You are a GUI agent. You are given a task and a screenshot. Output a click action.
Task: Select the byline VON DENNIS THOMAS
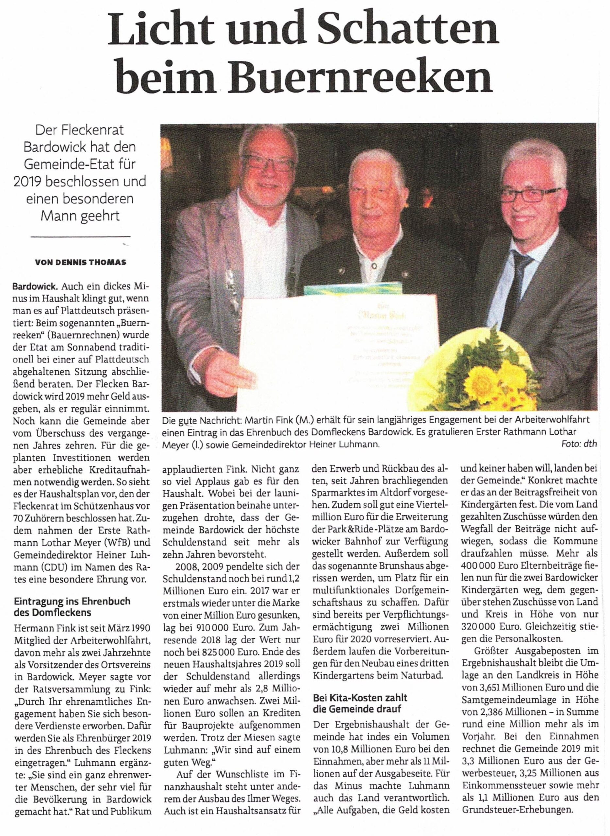click(x=80, y=263)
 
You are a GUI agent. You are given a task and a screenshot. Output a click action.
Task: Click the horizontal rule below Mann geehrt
click(x=80, y=236)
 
